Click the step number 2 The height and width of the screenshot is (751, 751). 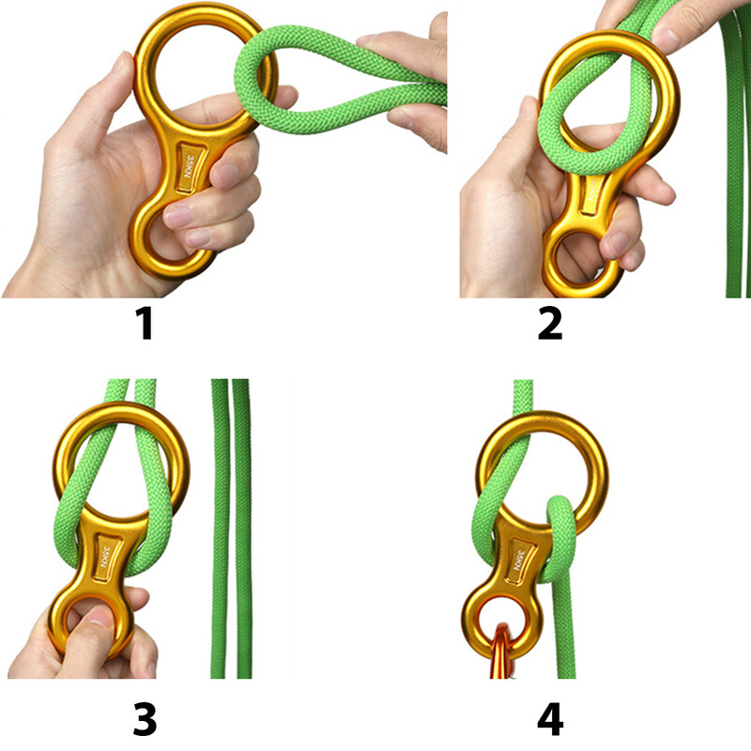550,323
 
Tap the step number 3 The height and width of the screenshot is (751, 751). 144,720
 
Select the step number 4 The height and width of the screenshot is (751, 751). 550,720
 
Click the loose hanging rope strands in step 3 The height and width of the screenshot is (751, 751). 231,526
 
